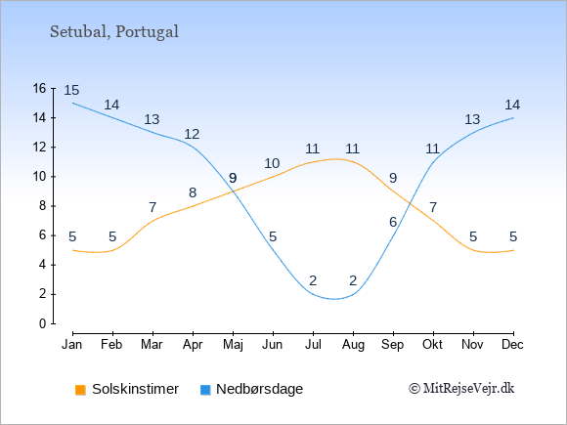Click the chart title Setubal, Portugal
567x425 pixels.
pos(114,32)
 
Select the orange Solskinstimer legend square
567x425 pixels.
pos(80,390)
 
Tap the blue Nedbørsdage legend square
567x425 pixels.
pos(205,390)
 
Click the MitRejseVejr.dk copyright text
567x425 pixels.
pos(461,389)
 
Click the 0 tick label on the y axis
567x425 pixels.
pos(43,323)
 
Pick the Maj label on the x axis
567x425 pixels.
pos(233,345)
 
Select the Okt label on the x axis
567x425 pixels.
pos(432,345)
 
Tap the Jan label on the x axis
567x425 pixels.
pos(72,345)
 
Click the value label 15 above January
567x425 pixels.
pos(71,90)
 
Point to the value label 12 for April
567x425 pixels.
pos(192,134)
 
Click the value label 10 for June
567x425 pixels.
pos(272,163)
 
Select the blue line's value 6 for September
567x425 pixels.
pos(393,222)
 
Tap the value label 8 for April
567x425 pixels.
pos(193,192)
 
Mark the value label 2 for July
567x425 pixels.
pos(313,280)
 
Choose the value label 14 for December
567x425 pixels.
pos(512,105)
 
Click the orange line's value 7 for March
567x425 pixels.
pos(153,207)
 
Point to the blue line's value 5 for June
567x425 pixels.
pos(273,236)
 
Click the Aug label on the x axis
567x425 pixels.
pos(353,345)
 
